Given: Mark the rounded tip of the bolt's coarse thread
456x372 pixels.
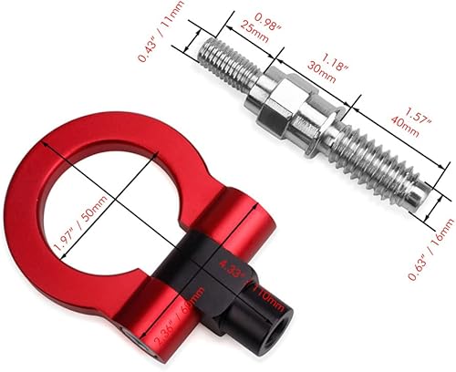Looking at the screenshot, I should (x=419, y=197).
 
